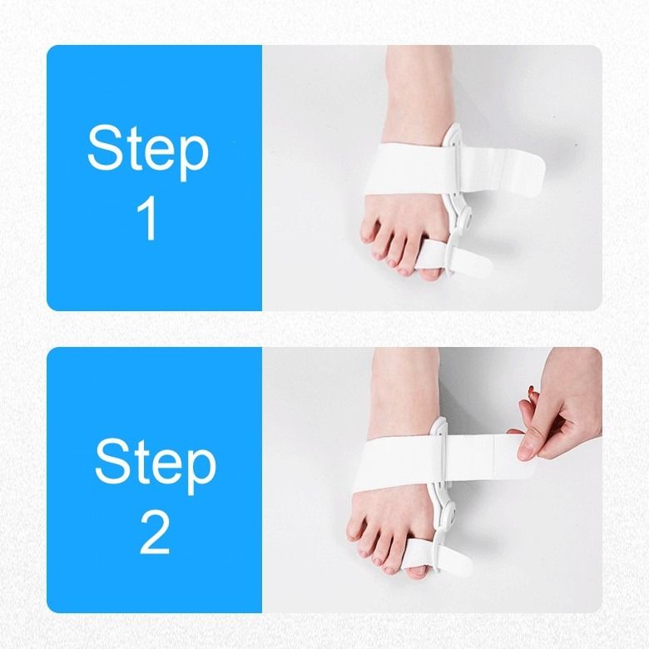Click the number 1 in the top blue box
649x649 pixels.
[147, 218]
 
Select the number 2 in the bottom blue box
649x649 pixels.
[155, 532]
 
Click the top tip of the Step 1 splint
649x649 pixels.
[452, 131]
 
